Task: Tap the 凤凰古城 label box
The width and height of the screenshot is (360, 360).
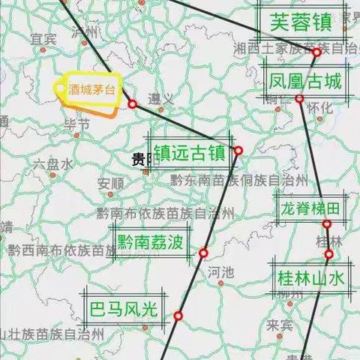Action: (x=306, y=80)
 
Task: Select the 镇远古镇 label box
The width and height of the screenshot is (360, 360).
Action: (x=190, y=152)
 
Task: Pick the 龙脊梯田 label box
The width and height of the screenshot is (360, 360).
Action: (x=310, y=207)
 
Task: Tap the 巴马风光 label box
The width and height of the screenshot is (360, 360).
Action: (x=124, y=309)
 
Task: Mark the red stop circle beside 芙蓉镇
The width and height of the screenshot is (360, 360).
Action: (x=317, y=52)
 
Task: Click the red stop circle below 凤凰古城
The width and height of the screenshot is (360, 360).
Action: (x=299, y=99)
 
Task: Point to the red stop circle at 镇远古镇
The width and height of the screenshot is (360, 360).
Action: (x=238, y=151)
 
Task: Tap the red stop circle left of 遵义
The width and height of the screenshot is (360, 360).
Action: (x=132, y=104)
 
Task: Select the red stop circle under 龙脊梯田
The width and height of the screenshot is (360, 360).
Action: (x=327, y=224)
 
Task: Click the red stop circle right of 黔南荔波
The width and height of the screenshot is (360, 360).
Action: (x=203, y=253)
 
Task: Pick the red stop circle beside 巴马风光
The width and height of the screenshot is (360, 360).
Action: (x=178, y=316)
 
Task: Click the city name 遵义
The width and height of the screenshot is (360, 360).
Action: (x=157, y=98)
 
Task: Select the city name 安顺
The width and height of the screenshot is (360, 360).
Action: (x=110, y=182)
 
